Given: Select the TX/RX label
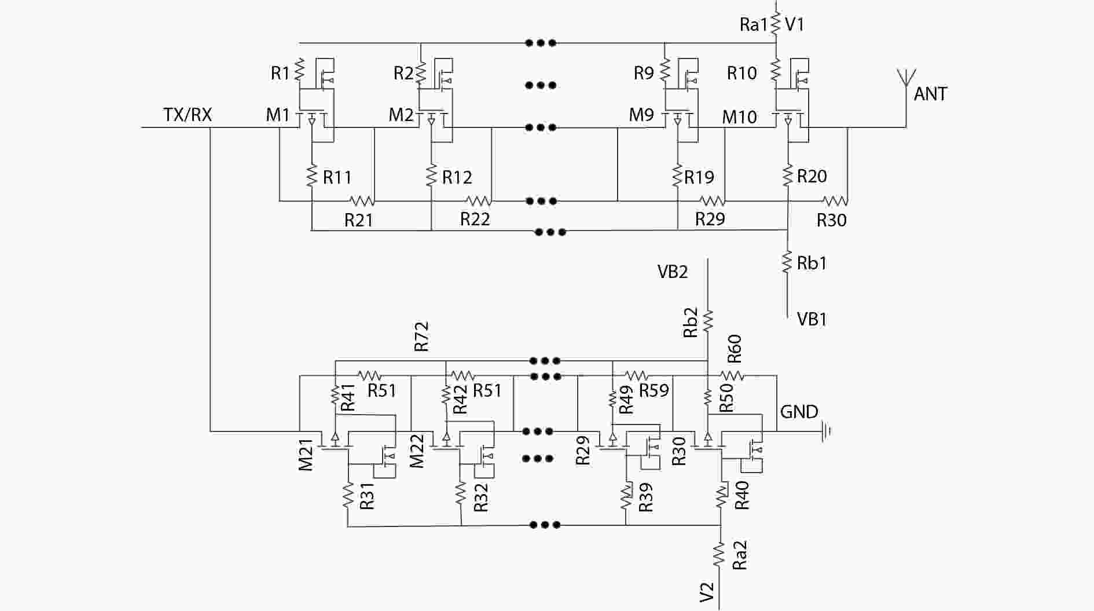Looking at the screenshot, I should tap(188, 115).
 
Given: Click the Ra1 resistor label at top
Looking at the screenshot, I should tap(754, 24).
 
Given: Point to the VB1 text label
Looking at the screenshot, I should tap(812, 319).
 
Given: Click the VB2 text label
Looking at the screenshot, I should tap(672, 272).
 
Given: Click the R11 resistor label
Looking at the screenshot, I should tap(337, 177).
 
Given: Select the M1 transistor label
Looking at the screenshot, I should tap(277, 115).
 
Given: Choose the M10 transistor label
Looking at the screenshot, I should tap(739, 117).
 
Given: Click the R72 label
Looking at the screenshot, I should tap(421, 336).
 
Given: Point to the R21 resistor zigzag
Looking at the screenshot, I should tap(362, 201).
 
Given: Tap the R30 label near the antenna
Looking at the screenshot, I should tap(831, 220).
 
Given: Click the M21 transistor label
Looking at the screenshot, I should tap(306, 454).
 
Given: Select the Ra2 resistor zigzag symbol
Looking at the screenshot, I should tap(719, 554).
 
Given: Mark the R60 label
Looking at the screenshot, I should tap(734, 349).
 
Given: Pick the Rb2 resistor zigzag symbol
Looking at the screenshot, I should tap(708, 320).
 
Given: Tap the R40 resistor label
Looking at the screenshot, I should tap(741, 495).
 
